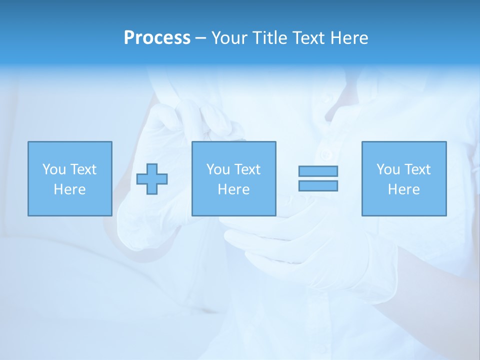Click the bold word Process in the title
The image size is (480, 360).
click(157, 38)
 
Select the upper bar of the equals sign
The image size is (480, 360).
click(318, 171)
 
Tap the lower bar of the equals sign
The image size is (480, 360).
click(318, 186)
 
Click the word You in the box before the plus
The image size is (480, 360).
click(54, 169)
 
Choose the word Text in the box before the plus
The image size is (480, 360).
click(83, 169)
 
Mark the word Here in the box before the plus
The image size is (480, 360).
click(70, 189)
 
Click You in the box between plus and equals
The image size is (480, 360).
click(218, 169)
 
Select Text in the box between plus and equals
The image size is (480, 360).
click(247, 169)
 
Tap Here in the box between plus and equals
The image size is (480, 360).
click(234, 189)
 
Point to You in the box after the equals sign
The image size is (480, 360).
click(388, 169)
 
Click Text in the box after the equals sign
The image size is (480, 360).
click(417, 169)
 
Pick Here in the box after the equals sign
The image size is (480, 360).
click(404, 189)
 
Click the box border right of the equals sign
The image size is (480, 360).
click(362, 179)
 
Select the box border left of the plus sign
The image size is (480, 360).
click(112, 179)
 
